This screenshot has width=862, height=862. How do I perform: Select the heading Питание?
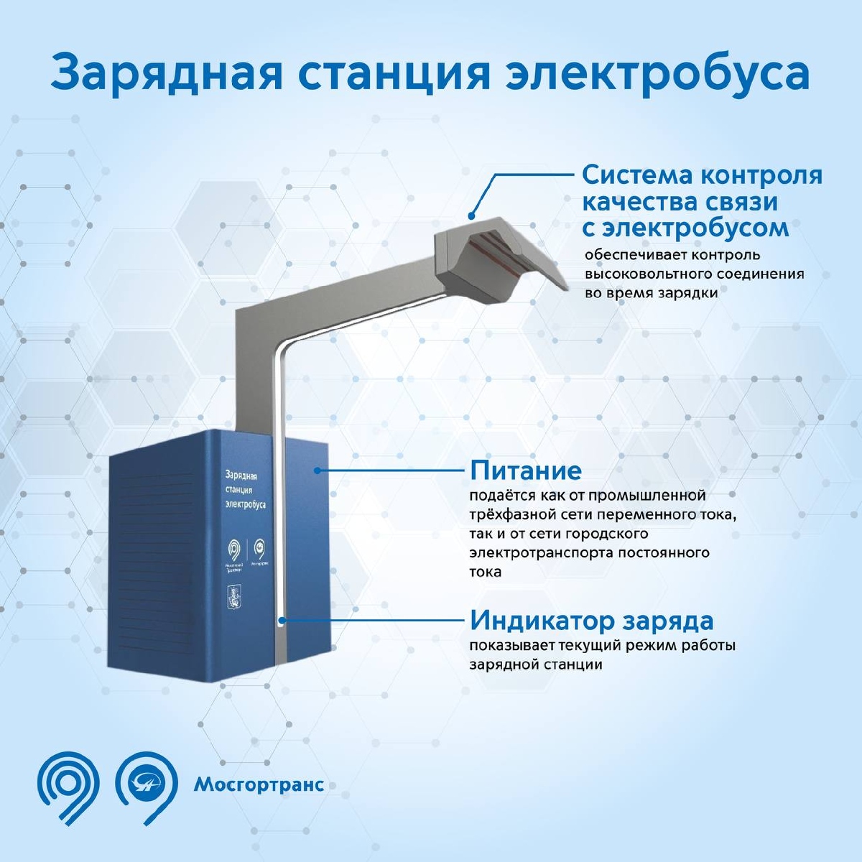click(525, 471)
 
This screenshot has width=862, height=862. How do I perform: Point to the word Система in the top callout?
click(632, 175)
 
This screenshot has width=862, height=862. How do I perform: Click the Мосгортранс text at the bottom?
click(259, 784)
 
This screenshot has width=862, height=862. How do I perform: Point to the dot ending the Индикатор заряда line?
click(281, 619)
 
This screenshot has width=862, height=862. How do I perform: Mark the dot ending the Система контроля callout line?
click(471, 215)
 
